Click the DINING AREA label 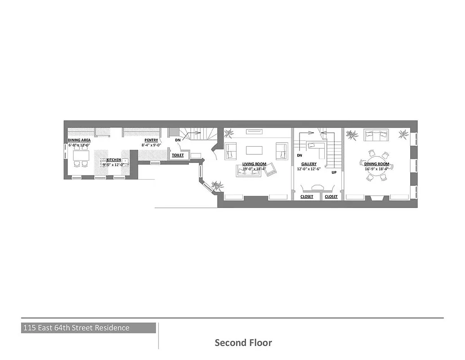79,140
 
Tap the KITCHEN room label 113,160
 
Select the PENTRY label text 151,140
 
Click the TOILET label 178,155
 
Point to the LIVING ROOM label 254,164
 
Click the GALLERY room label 309,164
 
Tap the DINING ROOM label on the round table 377,164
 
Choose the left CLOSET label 307,197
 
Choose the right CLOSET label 331,197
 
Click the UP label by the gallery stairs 334,172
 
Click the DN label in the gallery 299,155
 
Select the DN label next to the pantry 178,140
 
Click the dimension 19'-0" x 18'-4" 254,169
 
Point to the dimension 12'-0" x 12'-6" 309,169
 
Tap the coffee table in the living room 255,149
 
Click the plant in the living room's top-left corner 229,133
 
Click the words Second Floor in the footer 243,343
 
